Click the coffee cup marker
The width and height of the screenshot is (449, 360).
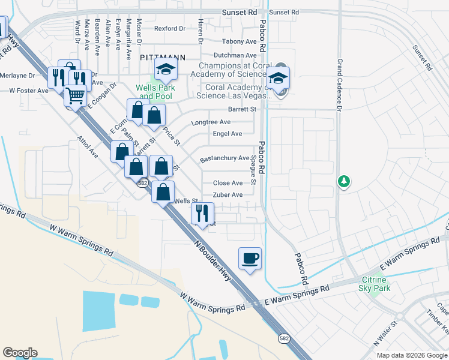click(250, 259)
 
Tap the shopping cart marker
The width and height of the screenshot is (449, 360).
click(75, 95)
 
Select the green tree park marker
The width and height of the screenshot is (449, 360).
click(343, 181)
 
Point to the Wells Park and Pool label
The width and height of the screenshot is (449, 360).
click(154, 92)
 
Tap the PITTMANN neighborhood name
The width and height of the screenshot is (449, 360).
click(162, 57)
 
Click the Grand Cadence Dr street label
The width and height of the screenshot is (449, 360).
click(339, 85)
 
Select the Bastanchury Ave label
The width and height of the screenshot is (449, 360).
click(224, 158)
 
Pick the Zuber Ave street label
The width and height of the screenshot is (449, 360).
click(228, 195)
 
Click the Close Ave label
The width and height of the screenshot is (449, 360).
click(228, 183)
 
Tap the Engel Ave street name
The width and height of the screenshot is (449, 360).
click(228, 134)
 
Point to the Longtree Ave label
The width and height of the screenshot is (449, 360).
click(211, 122)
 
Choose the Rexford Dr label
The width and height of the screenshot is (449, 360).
click(170, 28)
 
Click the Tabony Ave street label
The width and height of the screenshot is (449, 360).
click(239, 41)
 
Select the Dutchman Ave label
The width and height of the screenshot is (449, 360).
click(235, 55)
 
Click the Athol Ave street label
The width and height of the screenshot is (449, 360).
click(88, 146)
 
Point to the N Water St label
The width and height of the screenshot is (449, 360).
click(382, 333)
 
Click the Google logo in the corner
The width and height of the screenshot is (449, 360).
click(19, 353)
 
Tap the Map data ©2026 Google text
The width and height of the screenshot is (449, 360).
click(412, 355)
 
